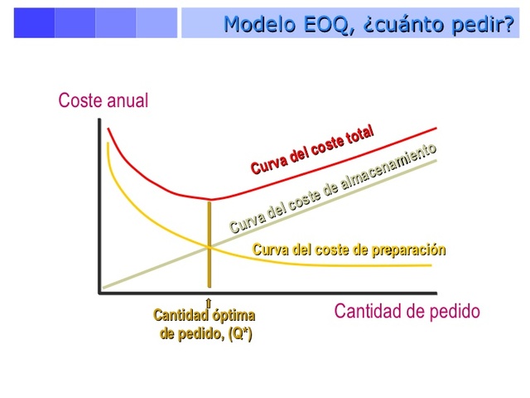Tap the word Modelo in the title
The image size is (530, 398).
pyautogui.click(x=256, y=24)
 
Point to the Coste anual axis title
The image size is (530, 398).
pyautogui.click(x=104, y=101)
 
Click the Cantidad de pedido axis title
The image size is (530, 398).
pyautogui.click(x=407, y=312)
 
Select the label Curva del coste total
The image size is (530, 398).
pyautogui.click(x=312, y=149)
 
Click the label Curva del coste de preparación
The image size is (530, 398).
pyautogui.click(x=349, y=250)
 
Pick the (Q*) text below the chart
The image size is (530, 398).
pyautogui.click(x=235, y=334)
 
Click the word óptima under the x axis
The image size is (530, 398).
pyautogui.click(x=234, y=315)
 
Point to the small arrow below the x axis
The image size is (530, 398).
pyautogui.click(x=209, y=303)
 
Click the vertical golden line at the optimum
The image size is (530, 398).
pyautogui.click(x=209, y=249)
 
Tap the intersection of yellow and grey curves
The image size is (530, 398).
pyautogui.click(x=209, y=246)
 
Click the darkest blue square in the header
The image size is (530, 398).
pyautogui.click(x=34, y=23)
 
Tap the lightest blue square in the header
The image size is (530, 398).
pyautogui.click(x=157, y=23)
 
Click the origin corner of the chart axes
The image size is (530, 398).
pyautogui.click(x=100, y=292)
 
